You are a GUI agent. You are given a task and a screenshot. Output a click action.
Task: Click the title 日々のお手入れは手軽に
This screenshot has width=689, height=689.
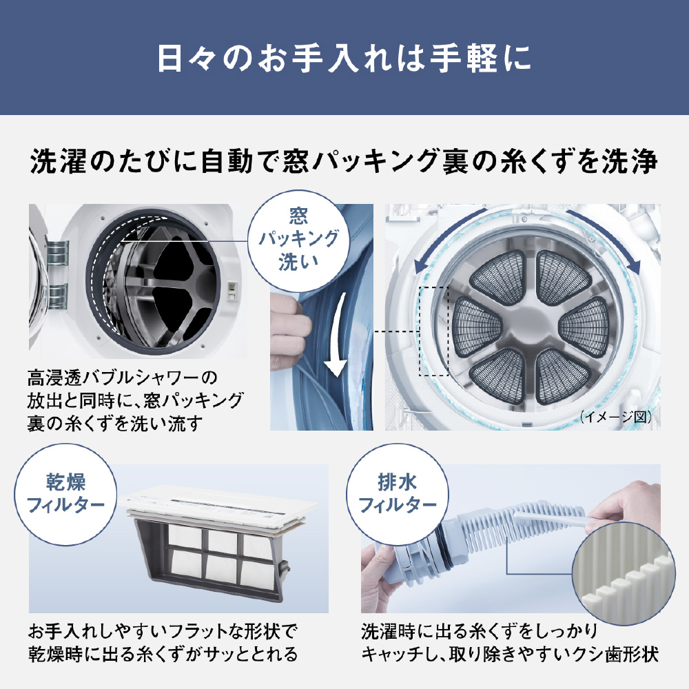point(344,58)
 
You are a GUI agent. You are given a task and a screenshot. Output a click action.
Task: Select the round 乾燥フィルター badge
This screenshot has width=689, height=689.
point(65,494)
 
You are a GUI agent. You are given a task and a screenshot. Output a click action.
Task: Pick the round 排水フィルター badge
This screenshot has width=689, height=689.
point(398,494)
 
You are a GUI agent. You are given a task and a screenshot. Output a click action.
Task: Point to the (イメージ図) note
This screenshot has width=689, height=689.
point(616,417)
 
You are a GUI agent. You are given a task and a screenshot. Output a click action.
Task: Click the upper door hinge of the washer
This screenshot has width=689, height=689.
point(58,253)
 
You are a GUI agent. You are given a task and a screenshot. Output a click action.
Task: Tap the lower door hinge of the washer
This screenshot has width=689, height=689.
point(57,296)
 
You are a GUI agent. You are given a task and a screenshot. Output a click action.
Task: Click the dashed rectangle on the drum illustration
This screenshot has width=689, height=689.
point(433,331)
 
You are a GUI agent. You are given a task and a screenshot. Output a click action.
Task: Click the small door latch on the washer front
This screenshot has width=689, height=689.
point(232,291)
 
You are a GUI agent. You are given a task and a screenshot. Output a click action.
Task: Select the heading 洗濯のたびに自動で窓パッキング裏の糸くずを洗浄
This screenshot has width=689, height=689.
point(344,161)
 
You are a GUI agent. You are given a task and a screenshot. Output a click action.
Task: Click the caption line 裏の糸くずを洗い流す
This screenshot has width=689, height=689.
point(115,424)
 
